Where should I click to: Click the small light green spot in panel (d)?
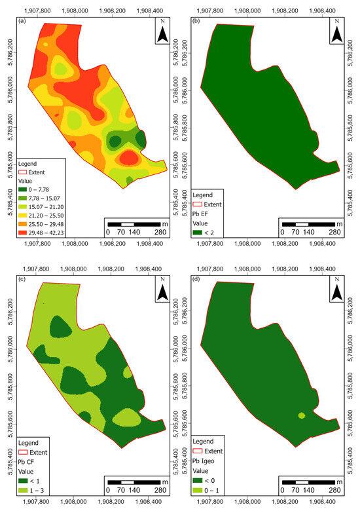(x=302, y=415)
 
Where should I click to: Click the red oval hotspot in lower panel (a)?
(x=128, y=158)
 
